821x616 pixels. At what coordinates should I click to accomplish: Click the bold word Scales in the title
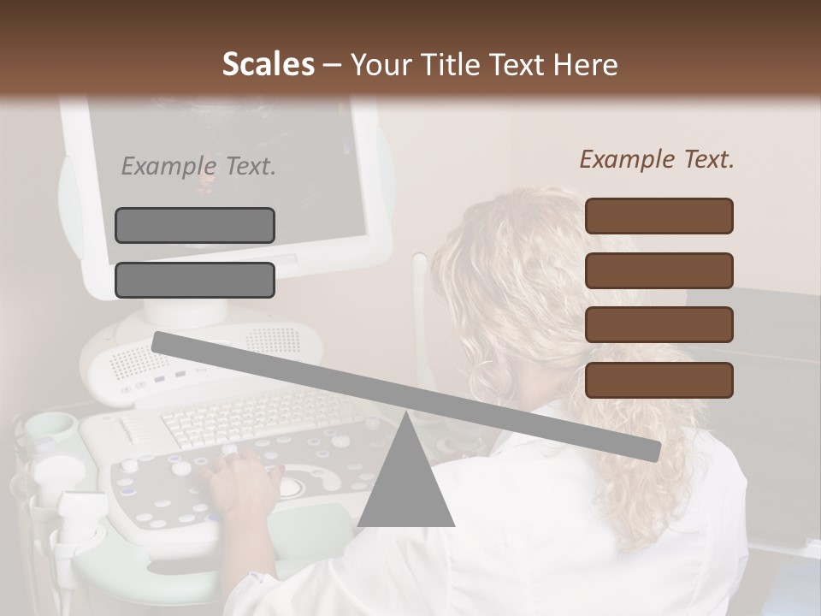pos(268,64)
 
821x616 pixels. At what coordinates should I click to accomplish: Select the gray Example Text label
pos(198,166)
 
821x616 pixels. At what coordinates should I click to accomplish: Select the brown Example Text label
pos(657,159)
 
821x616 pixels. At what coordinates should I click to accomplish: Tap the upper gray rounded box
pos(195,225)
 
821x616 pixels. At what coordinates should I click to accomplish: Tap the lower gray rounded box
pos(195,280)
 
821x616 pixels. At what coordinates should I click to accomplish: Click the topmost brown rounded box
pos(659,216)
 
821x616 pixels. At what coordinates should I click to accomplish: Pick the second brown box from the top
pos(659,270)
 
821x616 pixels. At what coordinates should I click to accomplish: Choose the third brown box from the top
pos(659,325)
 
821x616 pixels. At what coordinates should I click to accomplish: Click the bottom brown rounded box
pos(659,380)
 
